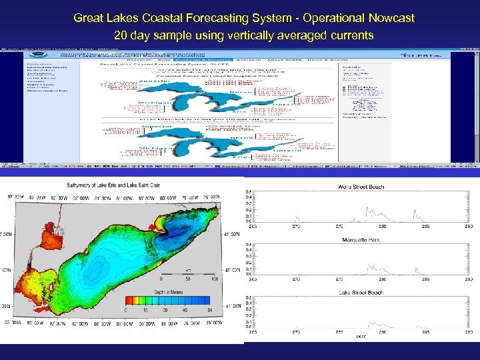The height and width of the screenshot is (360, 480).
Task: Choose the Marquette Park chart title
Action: click(x=360, y=239)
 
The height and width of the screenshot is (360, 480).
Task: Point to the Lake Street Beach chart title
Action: click(x=360, y=292)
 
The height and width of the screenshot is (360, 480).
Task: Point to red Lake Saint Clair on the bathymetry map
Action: click(x=31, y=221)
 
